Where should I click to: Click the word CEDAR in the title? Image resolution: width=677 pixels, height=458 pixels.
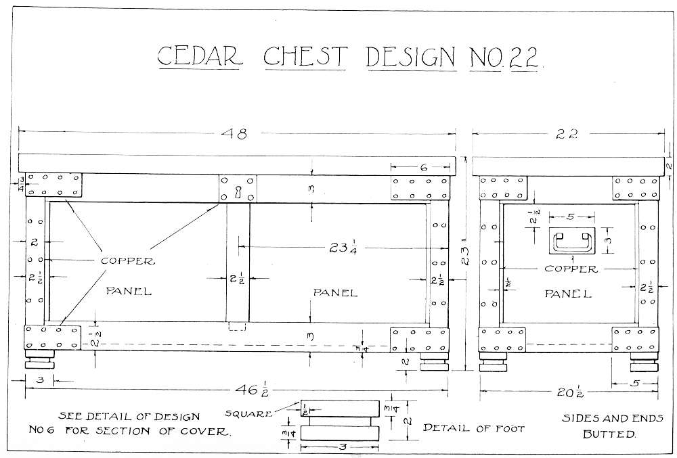[200, 56]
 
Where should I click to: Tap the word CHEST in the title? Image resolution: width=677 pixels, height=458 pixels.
[305, 56]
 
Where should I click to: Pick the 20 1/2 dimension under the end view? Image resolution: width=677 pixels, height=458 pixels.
[570, 392]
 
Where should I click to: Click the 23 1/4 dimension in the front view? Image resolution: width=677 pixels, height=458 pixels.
[343, 248]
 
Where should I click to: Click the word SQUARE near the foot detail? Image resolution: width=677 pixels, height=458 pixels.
[248, 414]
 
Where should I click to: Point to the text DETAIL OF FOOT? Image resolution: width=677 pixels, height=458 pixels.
[474, 428]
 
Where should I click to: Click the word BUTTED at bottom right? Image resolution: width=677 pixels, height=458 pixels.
[610, 434]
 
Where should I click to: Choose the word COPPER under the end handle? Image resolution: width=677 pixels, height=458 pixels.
[571, 269]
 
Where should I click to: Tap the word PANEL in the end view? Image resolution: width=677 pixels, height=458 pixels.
[568, 294]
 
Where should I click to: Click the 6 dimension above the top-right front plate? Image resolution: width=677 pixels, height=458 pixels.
[424, 167]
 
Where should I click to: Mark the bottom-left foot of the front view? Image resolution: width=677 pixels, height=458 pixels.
[40, 359]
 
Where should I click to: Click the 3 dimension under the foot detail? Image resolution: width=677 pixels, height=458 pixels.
[343, 447]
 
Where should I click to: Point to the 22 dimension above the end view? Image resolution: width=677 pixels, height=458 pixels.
[567, 135]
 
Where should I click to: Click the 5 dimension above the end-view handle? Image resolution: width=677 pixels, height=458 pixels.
[571, 216]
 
